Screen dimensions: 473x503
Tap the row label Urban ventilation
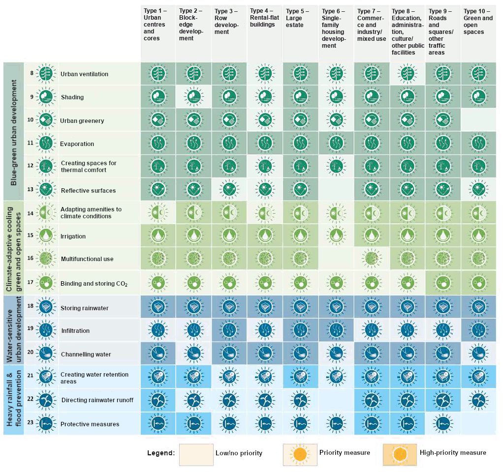pos(84,74)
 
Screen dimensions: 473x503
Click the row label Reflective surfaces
pos(88,191)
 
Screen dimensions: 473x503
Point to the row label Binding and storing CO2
pos(94,284)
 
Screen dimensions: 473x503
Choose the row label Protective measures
pos(90,424)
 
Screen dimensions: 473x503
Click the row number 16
pos(31,258)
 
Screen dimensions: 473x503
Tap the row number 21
pos(31,375)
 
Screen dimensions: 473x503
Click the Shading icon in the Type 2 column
pos(193,97)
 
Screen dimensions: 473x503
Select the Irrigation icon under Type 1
pos(157,236)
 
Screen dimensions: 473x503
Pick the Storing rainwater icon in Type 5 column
pos(300,307)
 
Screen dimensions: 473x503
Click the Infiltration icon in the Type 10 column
pos(477,330)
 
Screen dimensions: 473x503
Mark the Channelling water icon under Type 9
pos(442,354)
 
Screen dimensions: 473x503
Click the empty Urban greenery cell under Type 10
pos(478,120)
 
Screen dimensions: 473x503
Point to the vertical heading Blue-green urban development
pos(13,132)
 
